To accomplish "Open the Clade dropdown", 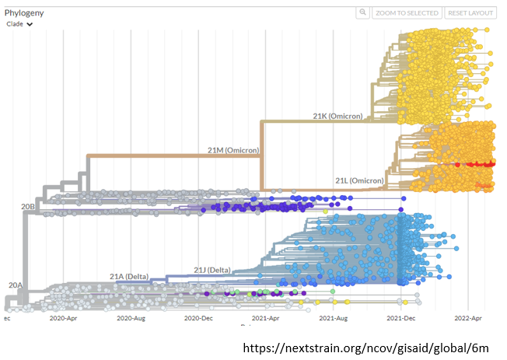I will pyautogui.click(x=20, y=24).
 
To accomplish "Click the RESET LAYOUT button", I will pyautogui.click(x=470, y=13).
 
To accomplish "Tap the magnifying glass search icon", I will pyautogui.click(x=362, y=13).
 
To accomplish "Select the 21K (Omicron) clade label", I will pyautogui.click(x=337, y=116).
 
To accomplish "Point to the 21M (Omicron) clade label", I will pyautogui.click(x=233, y=149).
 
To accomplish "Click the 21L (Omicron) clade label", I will pyautogui.click(x=359, y=180).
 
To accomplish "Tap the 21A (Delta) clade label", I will pyautogui.click(x=128, y=276).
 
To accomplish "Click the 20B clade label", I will pyautogui.click(x=28, y=206).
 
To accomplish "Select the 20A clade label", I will pyautogui.click(x=15, y=285).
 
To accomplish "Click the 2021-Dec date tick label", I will pyautogui.click(x=401, y=318).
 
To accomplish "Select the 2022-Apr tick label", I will pyautogui.click(x=468, y=318).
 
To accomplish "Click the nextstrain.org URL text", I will pyautogui.click(x=366, y=348).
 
